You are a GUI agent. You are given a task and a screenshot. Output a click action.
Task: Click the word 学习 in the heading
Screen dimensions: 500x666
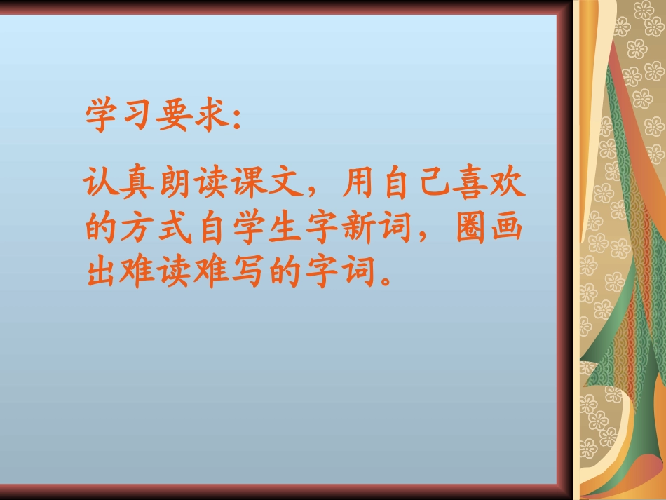(119, 115)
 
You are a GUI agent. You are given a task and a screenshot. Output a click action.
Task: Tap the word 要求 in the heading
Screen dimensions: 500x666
(191, 115)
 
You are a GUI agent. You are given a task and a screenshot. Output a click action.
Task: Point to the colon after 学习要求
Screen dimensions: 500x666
(235, 119)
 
